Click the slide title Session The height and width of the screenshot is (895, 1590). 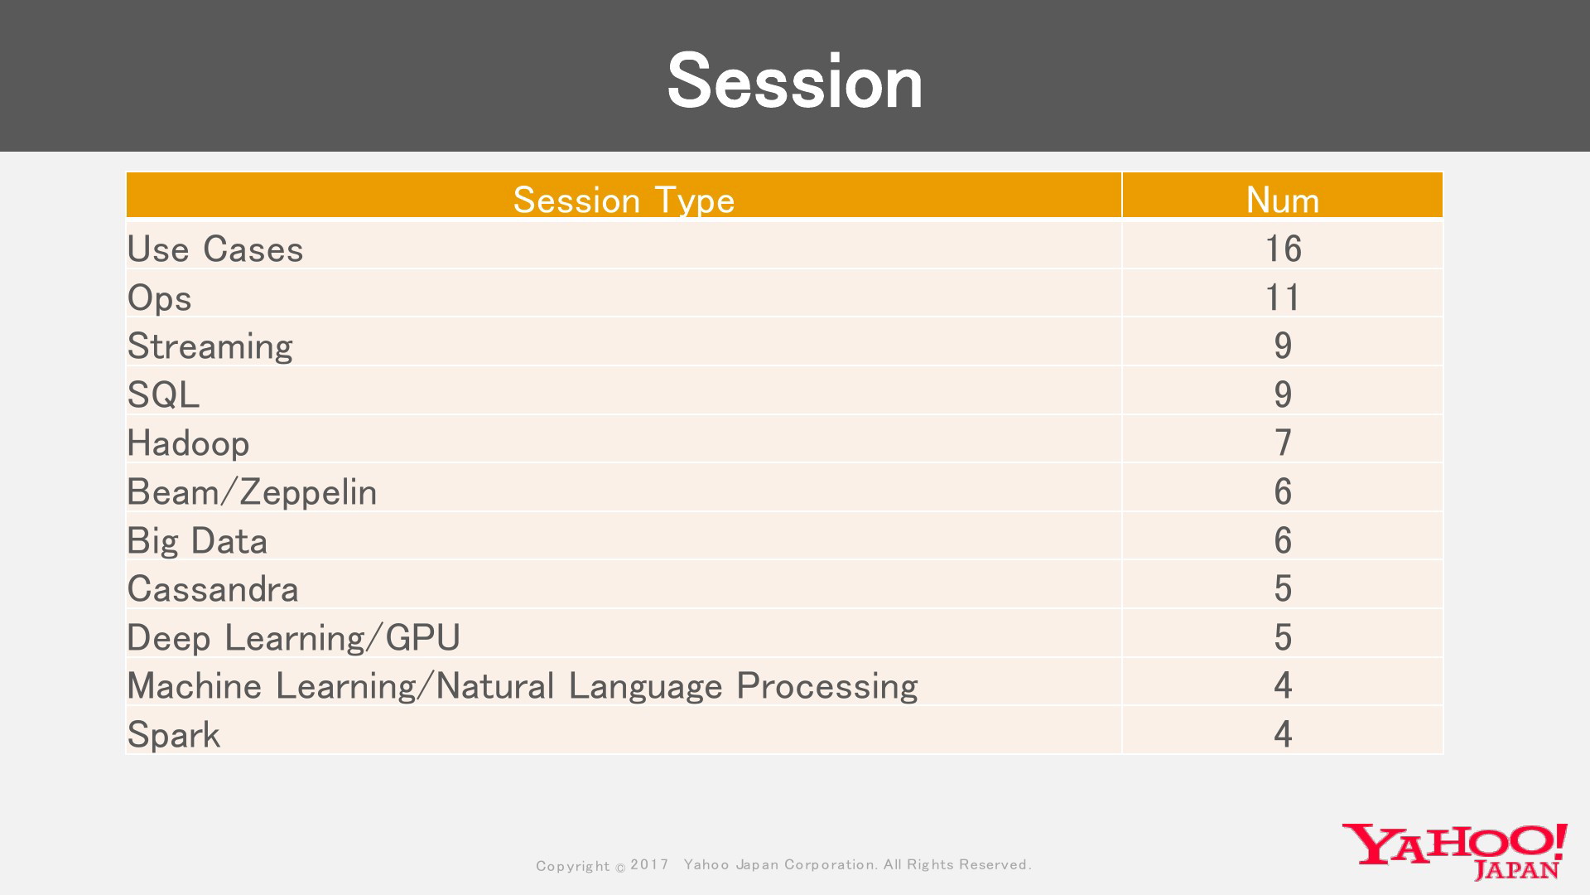[795, 81]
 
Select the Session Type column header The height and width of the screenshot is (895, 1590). [624, 201]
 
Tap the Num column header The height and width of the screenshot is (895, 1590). [1283, 201]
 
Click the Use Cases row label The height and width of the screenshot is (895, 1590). [215, 249]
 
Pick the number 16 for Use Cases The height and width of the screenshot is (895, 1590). [1283, 249]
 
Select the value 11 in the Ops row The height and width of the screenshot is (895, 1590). [1283, 298]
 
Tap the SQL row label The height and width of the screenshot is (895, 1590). [163, 395]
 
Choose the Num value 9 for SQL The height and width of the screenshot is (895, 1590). [1283, 394]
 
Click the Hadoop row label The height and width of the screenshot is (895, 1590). [188, 443]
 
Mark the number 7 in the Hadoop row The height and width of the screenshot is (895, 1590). [1283, 443]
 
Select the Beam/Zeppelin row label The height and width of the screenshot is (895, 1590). [252, 492]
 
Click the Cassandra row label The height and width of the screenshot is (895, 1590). [213, 589]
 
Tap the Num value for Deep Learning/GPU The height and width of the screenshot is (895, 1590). [1283, 637]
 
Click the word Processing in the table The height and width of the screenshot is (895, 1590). [827, 687]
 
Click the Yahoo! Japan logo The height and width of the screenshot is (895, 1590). [1455, 851]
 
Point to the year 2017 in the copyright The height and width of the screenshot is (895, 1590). [650, 864]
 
